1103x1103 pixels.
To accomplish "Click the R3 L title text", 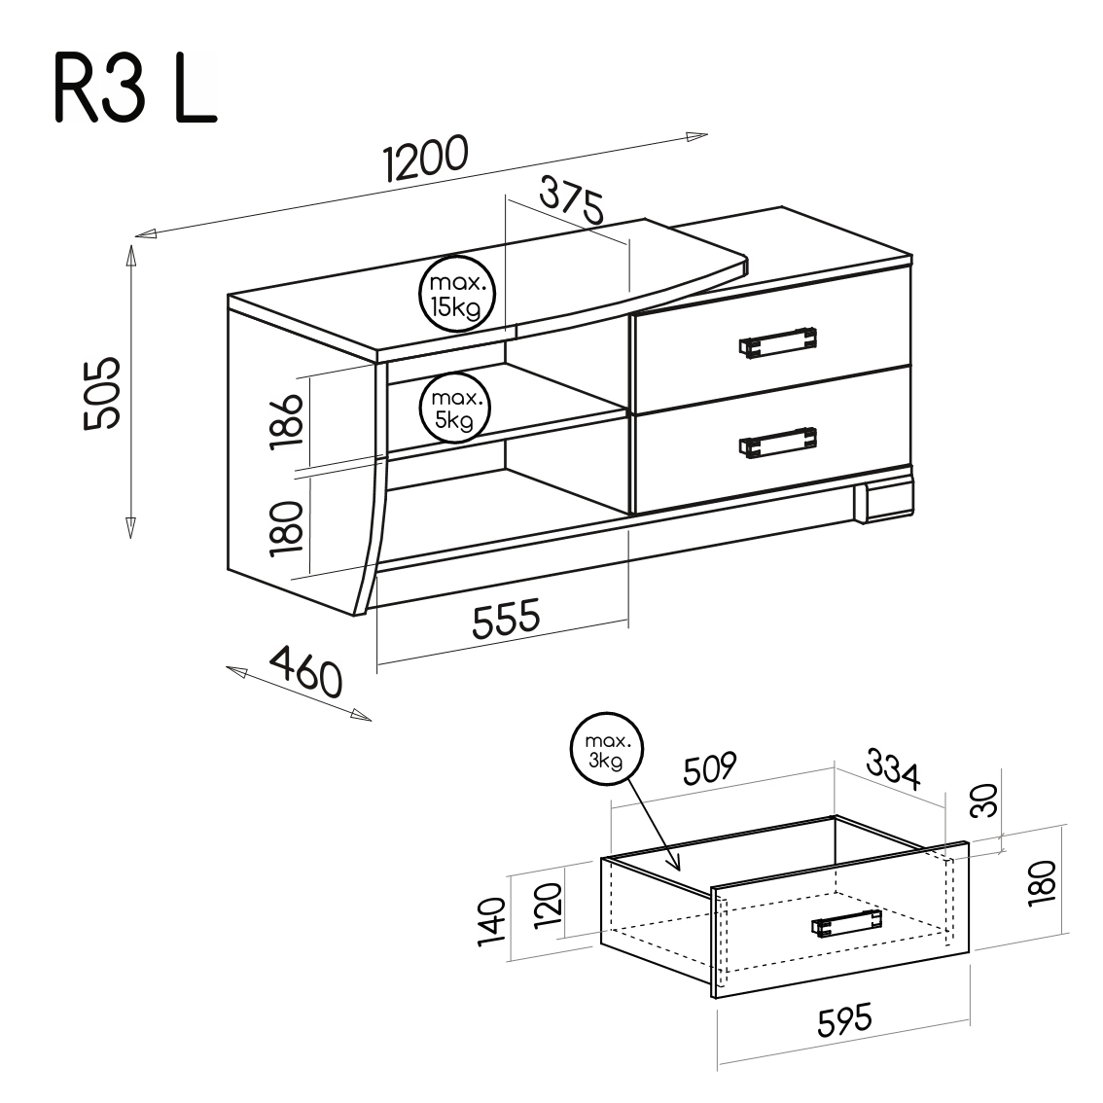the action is click(x=135, y=88).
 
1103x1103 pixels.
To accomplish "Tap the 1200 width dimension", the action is click(x=426, y=159).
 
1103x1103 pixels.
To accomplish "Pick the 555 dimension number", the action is click(x=506, y=618).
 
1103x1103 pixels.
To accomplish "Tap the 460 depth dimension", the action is click(x=306, y=670).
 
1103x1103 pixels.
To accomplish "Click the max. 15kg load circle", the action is click(x=457, y=295).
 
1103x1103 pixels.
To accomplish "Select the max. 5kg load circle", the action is click(x=454, y=409).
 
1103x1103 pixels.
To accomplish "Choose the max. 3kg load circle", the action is click(x=606, y=749).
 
